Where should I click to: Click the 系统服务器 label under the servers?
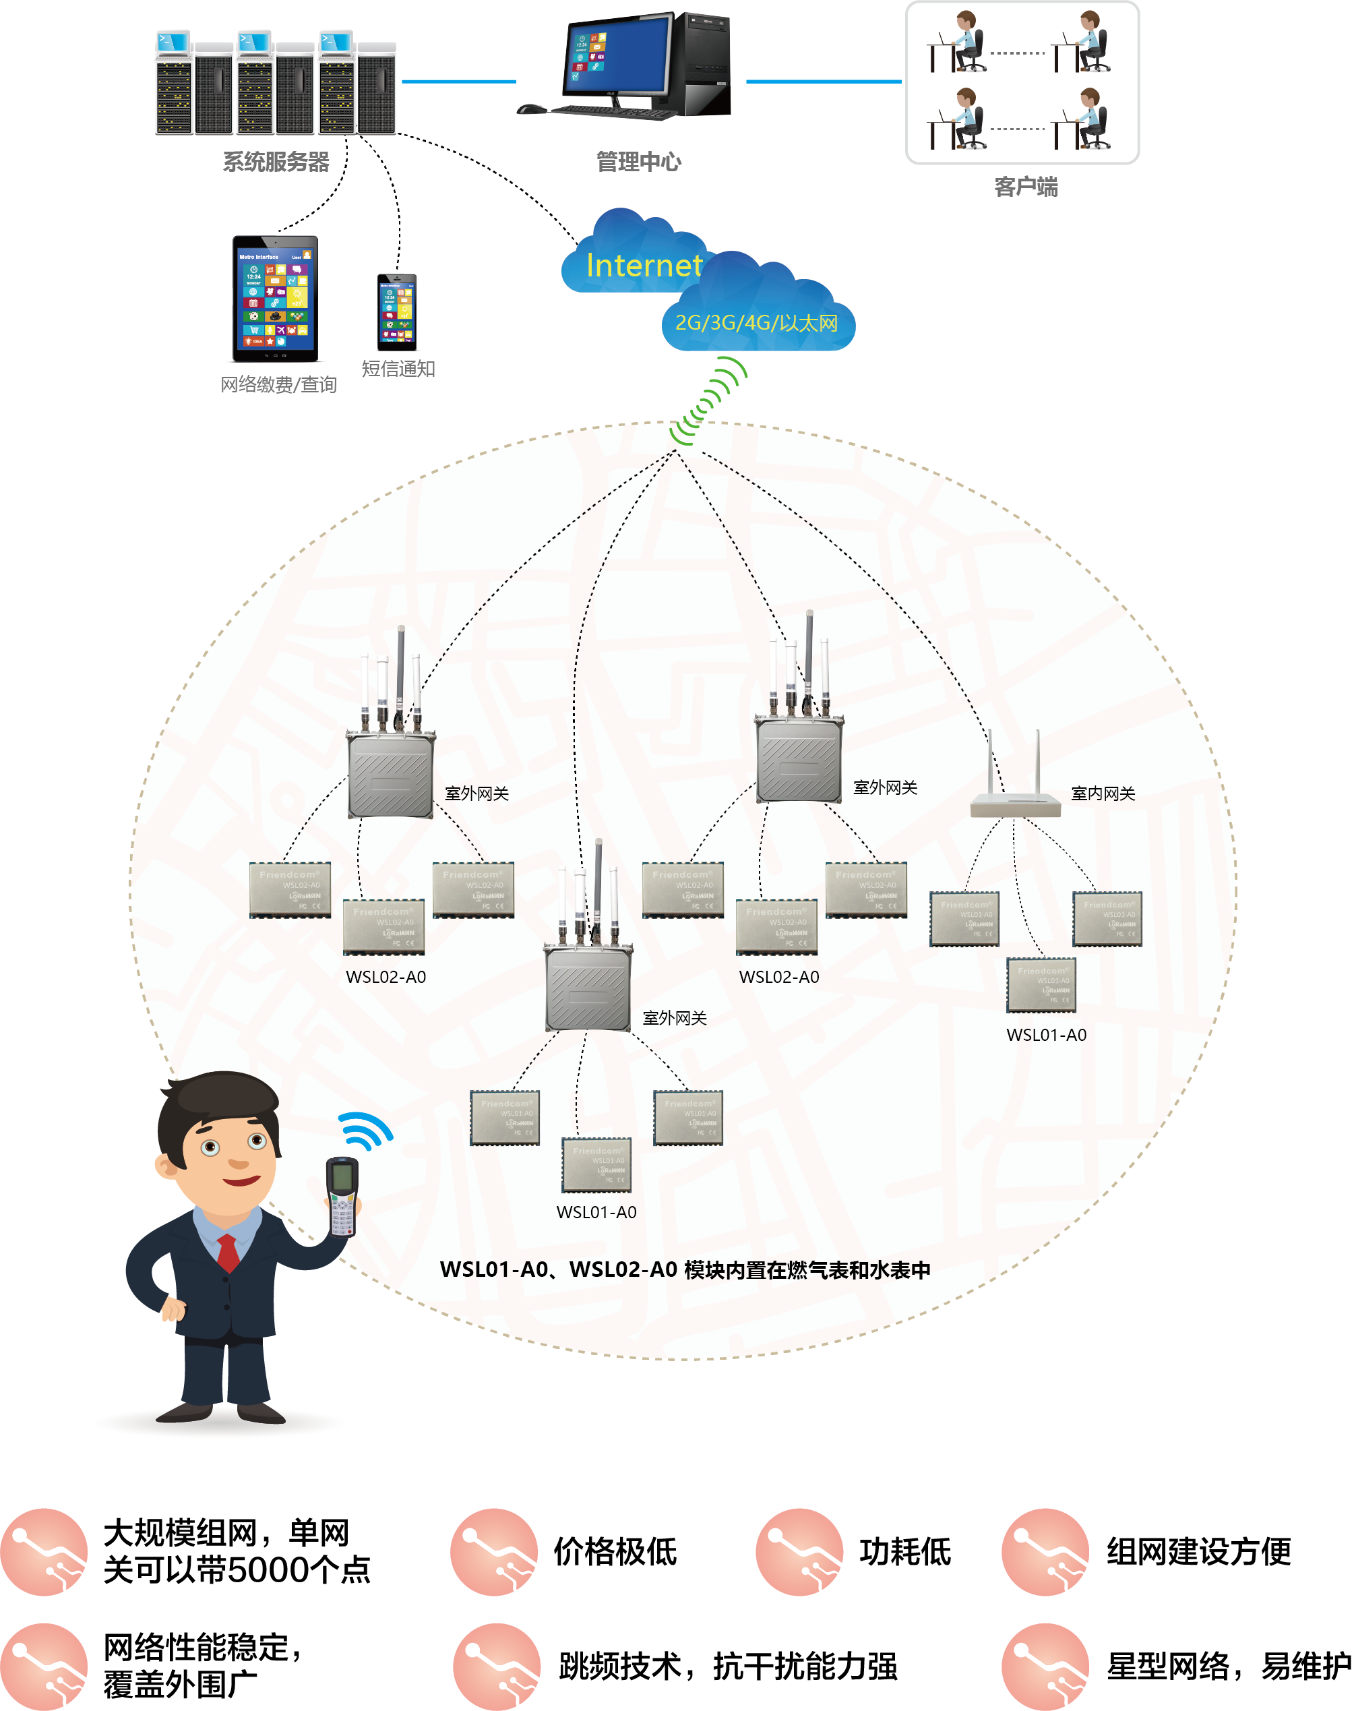click(275, 162)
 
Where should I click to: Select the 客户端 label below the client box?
click(1025, 187)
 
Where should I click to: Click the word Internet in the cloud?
click(644, 266)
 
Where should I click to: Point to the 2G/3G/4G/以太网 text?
click(756, 323)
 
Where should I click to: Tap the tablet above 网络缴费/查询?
click(275, 299)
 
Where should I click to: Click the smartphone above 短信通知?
click(396, 312)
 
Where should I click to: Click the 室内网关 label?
click(1102, 793)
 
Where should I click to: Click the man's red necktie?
click(228, 1252)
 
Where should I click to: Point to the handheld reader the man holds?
click(342, 1197)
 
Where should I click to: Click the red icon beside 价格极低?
click(494, 1552)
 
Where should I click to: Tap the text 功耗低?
click(904, 1552)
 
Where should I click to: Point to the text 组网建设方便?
click(1198, 1552)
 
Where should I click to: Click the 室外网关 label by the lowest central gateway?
click(674, 1018)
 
